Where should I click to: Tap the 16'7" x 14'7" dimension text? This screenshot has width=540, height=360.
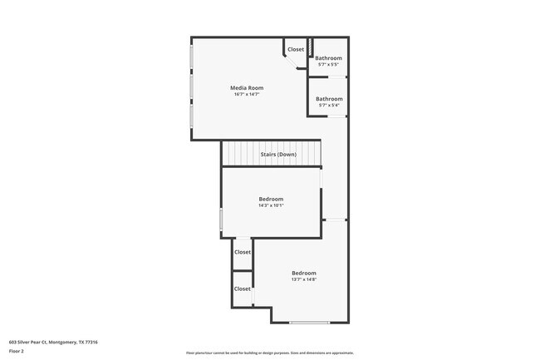[x=247, y=95]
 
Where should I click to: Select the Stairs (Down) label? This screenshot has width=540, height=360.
[x=278, y=155]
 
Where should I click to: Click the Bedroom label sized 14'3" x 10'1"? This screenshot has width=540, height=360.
[x=271, y=199]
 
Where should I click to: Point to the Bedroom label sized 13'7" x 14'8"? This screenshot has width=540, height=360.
[x=303, y=273]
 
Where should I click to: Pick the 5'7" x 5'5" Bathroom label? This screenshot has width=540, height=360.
[x=329, y=57]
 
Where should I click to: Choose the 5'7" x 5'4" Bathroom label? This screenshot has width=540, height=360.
[x=329, y=98]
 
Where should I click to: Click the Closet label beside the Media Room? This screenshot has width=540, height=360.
[x=296, y=49]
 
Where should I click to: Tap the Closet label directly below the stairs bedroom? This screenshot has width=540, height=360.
[x=243, y=252]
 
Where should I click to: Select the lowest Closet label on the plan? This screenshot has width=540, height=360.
[x=242, y=288]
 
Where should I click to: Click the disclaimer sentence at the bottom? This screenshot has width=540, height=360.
[x=270, y=353]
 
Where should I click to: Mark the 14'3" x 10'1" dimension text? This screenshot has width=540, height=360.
[x=271, y=205]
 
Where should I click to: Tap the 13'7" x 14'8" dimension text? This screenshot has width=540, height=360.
[x=303, y=279]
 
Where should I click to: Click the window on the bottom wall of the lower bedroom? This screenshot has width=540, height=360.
[x=309, y=323]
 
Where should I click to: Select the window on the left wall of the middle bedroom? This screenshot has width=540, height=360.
[x=221, y=219]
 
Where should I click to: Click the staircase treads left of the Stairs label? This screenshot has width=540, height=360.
[x=240, y=154]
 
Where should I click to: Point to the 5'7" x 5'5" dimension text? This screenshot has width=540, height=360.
[x=329, y=64]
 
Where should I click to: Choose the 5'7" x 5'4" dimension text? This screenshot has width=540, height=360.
[x=329, y=105]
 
